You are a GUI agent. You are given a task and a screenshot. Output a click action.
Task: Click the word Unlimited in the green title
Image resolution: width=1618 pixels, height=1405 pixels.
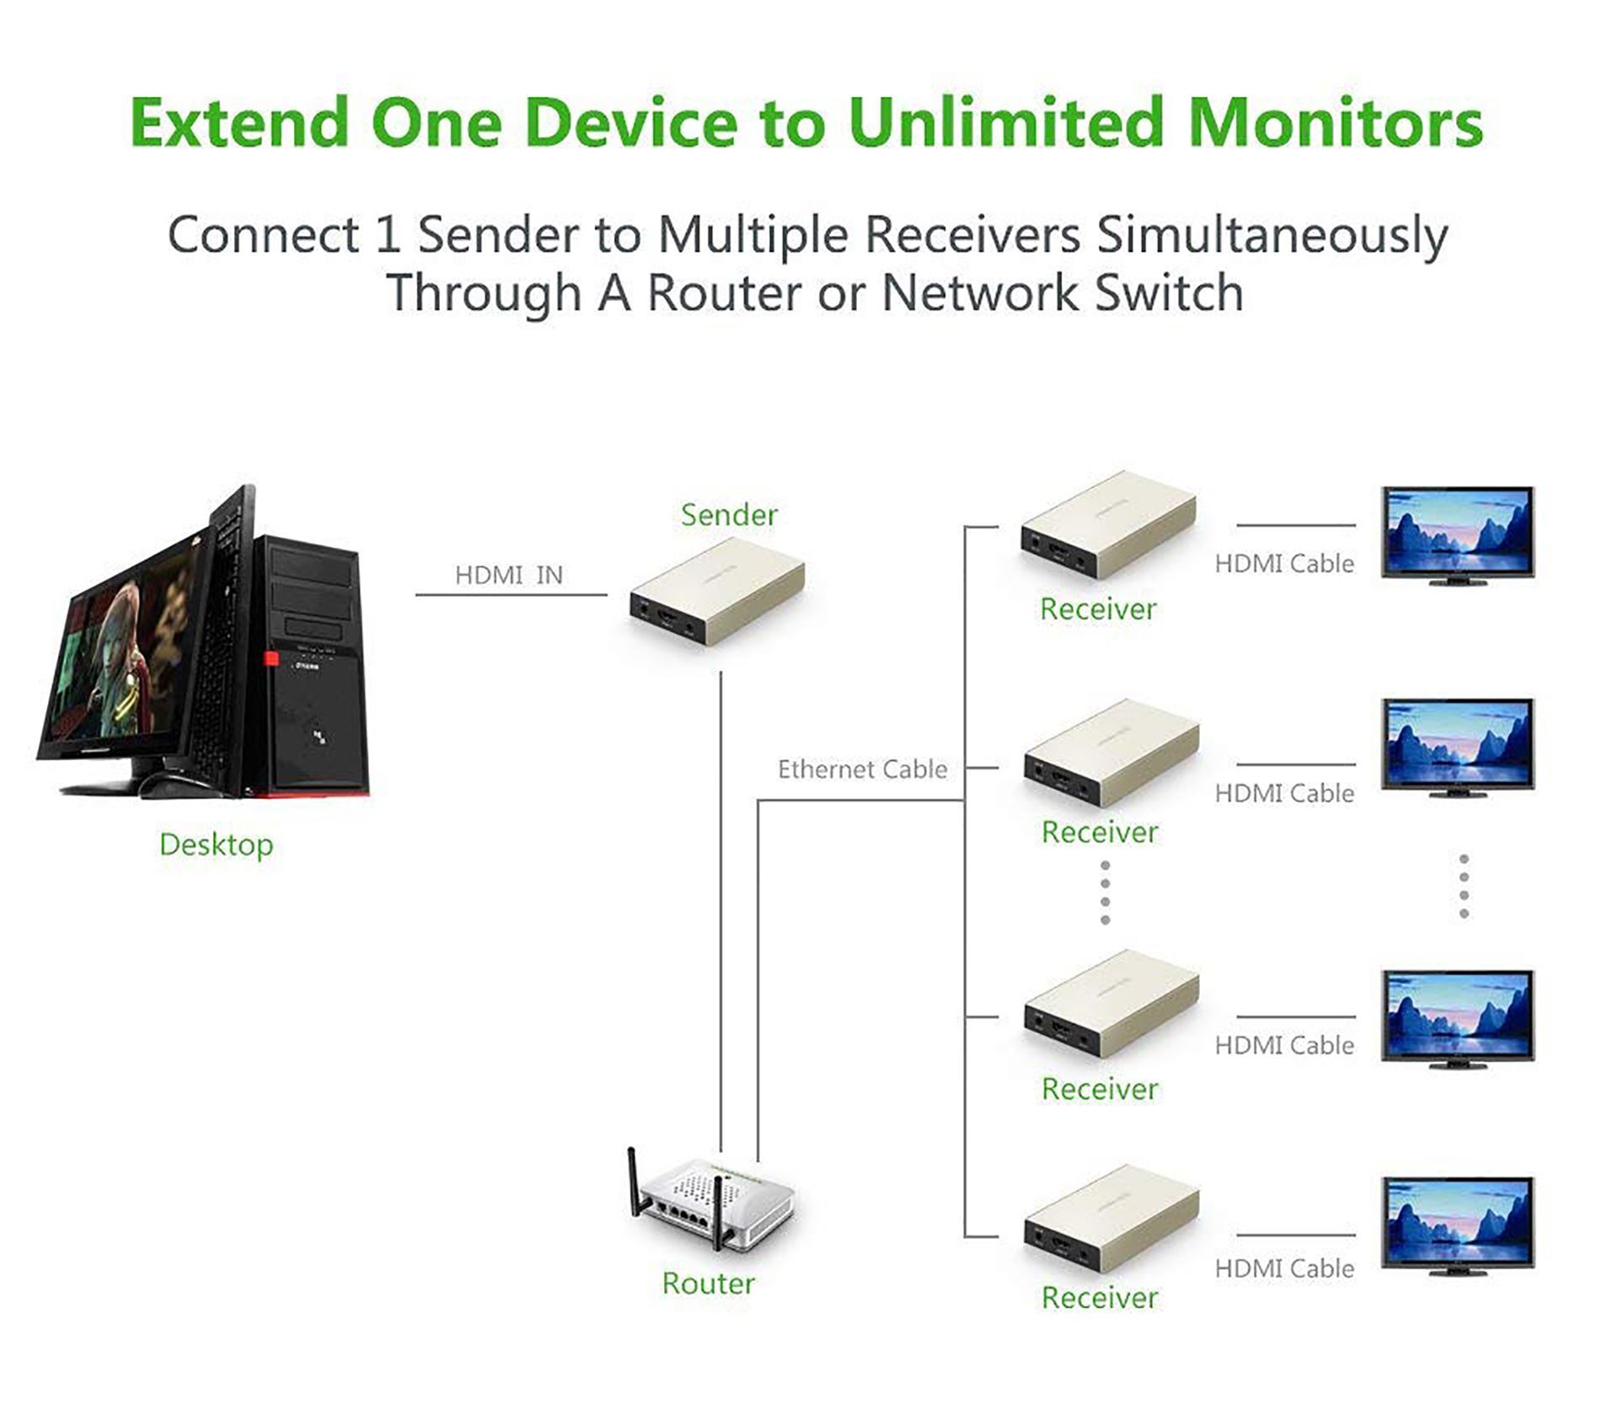pos(1006,123)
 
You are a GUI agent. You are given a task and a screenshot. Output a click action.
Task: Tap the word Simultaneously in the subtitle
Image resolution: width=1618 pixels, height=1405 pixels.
pos(1272,235)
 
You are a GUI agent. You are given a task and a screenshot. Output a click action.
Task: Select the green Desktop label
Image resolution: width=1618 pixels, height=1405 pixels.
pos(216,845)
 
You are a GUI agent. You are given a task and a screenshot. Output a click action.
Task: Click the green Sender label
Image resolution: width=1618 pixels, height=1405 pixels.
pos(729,515)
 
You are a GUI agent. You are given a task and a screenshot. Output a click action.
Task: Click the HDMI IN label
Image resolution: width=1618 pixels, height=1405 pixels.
pos(508,576)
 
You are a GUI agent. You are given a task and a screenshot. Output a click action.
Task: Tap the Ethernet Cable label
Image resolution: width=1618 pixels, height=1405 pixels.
pos(862,770)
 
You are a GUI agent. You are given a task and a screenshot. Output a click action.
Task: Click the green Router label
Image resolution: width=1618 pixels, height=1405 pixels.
pos(708,1284)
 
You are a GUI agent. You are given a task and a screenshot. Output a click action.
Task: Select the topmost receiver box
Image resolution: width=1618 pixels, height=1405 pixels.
pos(1107,526)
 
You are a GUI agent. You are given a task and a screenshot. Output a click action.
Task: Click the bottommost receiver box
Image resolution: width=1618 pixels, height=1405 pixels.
pos(1111,1221)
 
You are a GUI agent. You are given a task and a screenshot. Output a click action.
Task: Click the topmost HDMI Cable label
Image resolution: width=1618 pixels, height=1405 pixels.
pos(1283,564)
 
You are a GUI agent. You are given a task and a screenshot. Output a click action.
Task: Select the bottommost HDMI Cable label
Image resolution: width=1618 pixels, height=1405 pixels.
pos(1283,1268)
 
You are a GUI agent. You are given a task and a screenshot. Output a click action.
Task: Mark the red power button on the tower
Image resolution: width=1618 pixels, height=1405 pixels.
pos(271,659)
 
